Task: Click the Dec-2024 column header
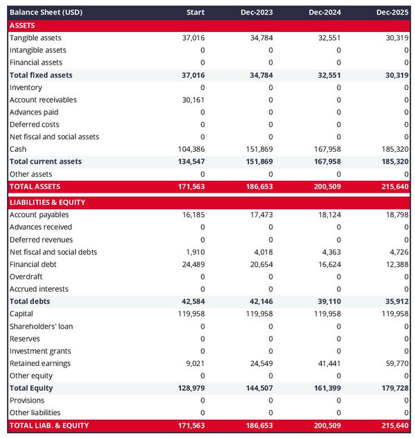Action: click(324, 12)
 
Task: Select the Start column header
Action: click(196, 12)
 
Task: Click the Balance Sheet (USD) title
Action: click(45, 12)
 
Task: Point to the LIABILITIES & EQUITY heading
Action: click(48, 202)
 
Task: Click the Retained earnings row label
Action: click(40, 363)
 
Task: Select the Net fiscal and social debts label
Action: click(53, 252)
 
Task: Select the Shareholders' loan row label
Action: click(41, 326)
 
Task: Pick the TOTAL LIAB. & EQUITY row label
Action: click(49, 426)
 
